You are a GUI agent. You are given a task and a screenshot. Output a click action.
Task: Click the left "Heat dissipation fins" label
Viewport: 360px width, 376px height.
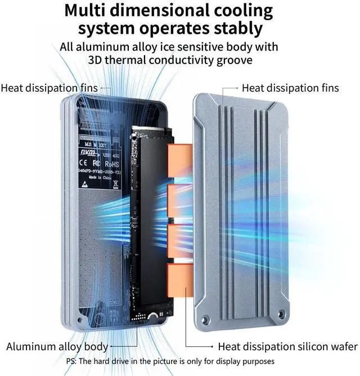[49, 88]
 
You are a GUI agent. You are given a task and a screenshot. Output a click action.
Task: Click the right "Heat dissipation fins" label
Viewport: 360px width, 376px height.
[290, 88]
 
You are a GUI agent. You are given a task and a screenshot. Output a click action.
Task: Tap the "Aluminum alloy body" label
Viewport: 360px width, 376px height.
[57, 346]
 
